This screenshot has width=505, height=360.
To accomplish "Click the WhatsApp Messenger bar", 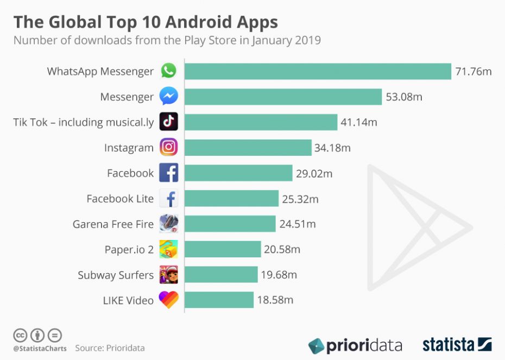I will pos(318,71).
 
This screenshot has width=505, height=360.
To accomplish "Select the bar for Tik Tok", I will pos(261,122).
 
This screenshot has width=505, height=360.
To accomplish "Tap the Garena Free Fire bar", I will pos(230,224).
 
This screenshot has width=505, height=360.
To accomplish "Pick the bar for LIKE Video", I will pos(219,300).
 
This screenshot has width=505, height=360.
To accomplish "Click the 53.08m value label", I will pos(404,97).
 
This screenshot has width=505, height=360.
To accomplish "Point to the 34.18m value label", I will pos(333,148).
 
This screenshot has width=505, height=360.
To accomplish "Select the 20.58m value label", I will pos(282,250).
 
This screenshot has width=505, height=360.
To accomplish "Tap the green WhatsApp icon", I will pos(168,71).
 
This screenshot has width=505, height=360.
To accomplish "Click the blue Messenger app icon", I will pos(168,97).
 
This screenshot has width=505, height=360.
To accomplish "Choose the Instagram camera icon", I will pos(168,147).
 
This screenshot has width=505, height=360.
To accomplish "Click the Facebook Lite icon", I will pos(168,199).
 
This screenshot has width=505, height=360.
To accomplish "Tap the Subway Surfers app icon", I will pos(168,275).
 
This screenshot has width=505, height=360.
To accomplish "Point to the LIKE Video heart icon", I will pos(168,300).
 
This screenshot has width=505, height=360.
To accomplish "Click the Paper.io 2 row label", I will pos(129,250).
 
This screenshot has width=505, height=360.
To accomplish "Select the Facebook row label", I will pos(130,173).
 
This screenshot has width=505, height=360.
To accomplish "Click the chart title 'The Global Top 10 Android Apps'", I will pos(146,22).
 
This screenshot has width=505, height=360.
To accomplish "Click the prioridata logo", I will pos(355,345).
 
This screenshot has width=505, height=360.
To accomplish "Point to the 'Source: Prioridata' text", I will pos(110,348).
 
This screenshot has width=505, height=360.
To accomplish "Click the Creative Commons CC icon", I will pos(21,334).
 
